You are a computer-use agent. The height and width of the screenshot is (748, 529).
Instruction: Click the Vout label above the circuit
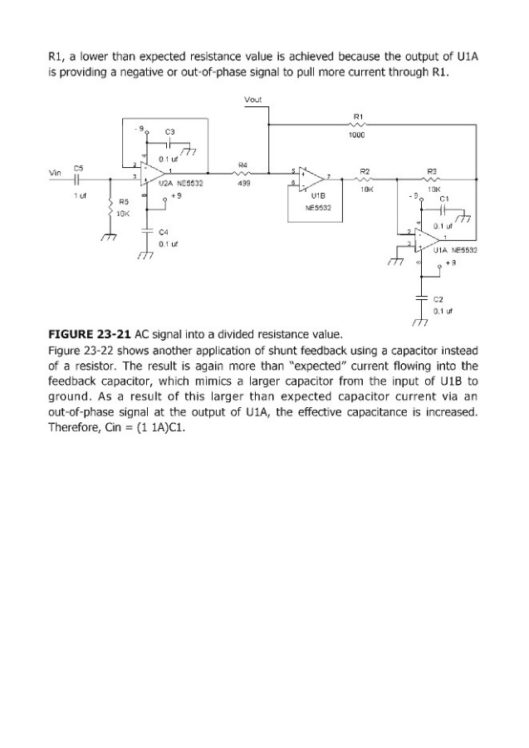coord(253,101)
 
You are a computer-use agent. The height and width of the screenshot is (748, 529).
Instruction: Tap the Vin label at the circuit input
coord(55,173)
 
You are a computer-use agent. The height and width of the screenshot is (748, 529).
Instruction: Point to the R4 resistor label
coord(242,165)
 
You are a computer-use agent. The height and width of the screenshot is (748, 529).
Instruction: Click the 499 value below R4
coord(242,185)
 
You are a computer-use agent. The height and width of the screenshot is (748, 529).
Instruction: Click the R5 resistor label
coord(124,201)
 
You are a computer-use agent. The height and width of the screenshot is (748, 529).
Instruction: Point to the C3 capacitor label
coord(169,132)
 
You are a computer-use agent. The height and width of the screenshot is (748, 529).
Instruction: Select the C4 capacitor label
coord(164,234)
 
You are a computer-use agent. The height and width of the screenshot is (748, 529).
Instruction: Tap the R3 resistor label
coord(431,170)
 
